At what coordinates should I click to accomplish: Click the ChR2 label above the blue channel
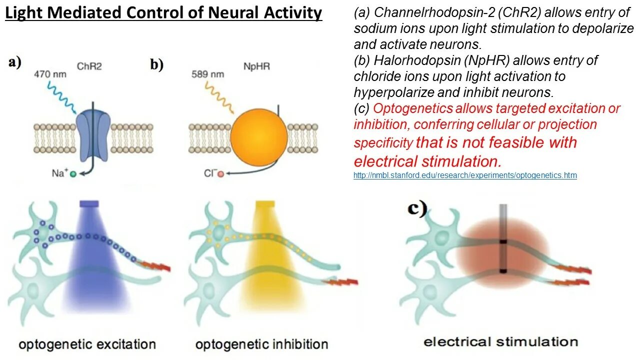click(x=89, y=66)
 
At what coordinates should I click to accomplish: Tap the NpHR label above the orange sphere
click(x=257, y=66)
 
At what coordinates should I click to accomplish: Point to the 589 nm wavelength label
click(x=207, y=74)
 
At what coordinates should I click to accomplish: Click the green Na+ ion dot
click(x=73, y=174)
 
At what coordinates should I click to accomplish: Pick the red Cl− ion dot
click(x=220, y=174)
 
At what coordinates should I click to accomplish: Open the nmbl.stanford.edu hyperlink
click(x=465, y=175)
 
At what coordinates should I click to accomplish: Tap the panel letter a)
click(x=15, y=63)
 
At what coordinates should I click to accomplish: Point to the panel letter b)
click(x=157, y=64)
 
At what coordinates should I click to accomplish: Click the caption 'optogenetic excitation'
click(x=87, y=344)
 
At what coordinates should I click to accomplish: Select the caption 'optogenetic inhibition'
click(x=261, y=344)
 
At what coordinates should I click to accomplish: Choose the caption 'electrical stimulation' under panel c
click(x=500, y=342)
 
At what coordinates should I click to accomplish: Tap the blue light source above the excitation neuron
click(x=89, y=204)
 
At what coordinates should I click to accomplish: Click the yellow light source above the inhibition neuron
click(x=265, y=204)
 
